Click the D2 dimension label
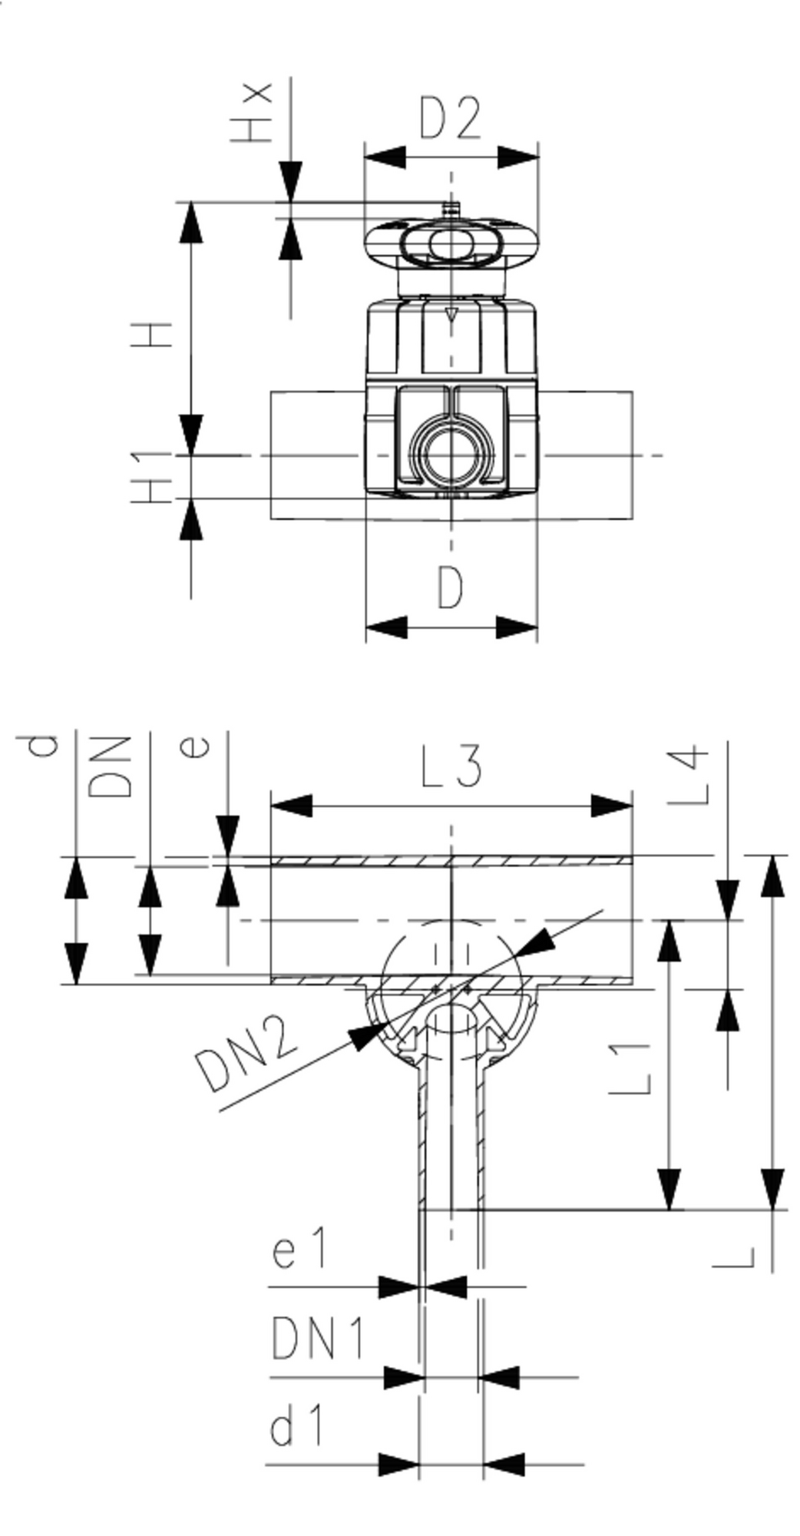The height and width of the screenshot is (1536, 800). (451, 118)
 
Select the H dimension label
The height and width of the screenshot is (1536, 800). (152, 335)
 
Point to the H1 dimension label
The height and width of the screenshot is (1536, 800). (152, 478)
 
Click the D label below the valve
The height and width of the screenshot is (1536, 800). (451, 588)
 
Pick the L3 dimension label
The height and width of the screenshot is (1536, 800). (452, 766)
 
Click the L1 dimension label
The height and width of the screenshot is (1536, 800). (631, 1068)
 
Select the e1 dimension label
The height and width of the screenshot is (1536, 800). (299, 1247)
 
